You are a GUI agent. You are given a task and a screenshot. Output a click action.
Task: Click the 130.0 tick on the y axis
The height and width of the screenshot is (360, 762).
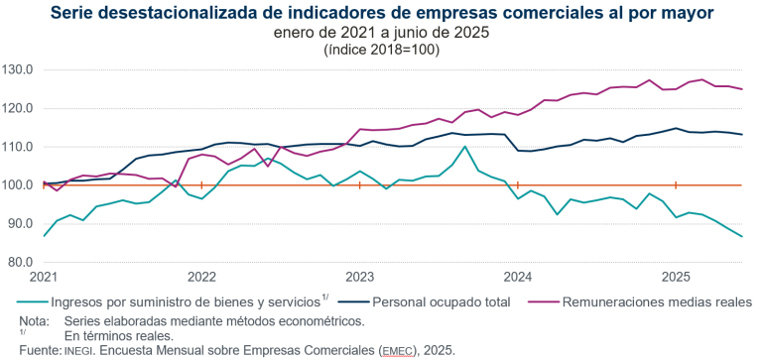pos(19,70)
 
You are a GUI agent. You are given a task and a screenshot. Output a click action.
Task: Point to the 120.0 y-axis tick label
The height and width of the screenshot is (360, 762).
pos(19,108)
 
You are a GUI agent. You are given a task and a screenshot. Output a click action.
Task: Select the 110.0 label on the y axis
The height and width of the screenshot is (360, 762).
pos(19,147)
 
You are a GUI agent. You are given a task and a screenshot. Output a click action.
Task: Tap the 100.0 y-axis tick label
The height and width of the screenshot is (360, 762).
pos(19,185)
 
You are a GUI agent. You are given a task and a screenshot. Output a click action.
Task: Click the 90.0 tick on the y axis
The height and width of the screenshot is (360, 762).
pos(21,224)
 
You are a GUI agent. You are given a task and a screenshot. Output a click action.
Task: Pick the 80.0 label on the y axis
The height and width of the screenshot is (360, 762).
pos(21,263)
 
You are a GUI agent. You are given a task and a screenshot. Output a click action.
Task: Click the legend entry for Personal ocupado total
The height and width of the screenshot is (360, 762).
pos(442,301)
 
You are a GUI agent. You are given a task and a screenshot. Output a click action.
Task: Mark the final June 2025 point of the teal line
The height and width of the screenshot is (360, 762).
pos(741,236)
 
